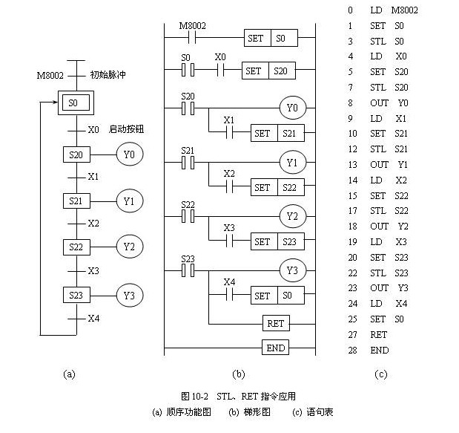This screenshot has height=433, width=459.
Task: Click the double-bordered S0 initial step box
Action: pos(73,104)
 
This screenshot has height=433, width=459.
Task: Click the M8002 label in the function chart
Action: pos(49,75)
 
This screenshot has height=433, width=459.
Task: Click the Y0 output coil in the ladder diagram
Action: pos(291,108)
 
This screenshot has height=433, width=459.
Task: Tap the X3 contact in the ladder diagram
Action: pos(229,241)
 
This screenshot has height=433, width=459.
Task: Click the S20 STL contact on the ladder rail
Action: pos(188,108)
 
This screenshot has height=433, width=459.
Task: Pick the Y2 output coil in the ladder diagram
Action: pos(291,216)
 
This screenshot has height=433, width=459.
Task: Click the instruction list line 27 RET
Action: pos(379,335)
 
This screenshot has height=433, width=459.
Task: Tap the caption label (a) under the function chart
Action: pos(70,374)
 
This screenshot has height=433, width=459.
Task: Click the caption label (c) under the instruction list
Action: pos(381,374)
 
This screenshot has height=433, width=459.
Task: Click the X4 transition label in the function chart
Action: pos(93,319)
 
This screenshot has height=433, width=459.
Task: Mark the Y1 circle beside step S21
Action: pos(129,201)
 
